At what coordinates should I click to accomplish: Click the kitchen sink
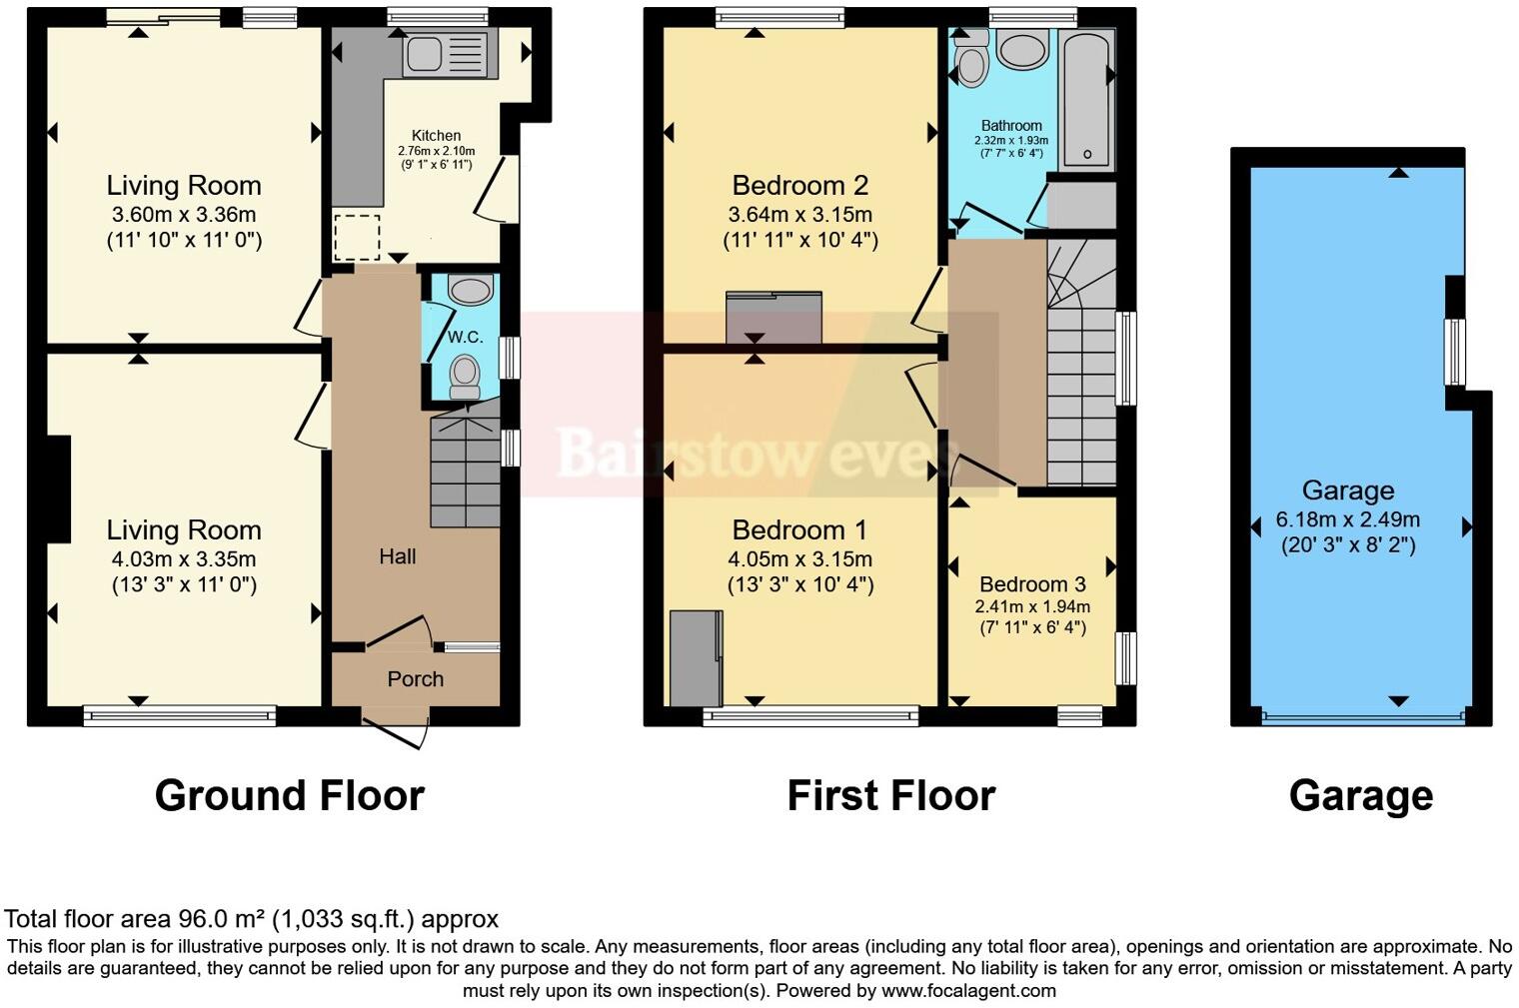(x=449, y=54)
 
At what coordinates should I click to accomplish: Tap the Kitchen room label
(x=437, y=135)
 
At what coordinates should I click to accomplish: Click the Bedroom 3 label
(x=1032, y=584)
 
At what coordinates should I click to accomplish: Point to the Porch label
(x=415, y=679)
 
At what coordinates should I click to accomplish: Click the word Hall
(x=397, y=556)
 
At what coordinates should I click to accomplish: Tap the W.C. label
(x=465, y=338)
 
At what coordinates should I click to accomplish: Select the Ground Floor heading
(x=290, y=795)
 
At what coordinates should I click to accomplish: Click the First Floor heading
(x=890, y=795)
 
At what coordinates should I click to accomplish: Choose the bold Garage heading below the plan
(x=1361, y=795)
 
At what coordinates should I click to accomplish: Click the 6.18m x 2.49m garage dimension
(x=1347, y=519)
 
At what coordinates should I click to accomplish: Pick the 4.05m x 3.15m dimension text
(x=800, y=558)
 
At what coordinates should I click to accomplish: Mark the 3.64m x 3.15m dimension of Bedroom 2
(x=800, y=214)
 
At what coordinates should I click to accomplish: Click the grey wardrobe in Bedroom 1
(x=696, y=659)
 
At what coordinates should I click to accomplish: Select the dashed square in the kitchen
(x=357, y=237)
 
